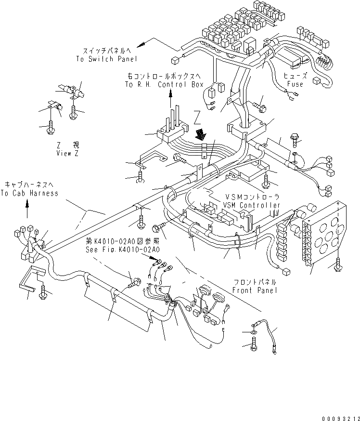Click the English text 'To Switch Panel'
click(106, 59)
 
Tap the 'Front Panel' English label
click(254, 290)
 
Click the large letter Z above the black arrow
click(197, 118)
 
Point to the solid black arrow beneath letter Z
click(198, 132)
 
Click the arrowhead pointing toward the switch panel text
click(144, 45)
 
